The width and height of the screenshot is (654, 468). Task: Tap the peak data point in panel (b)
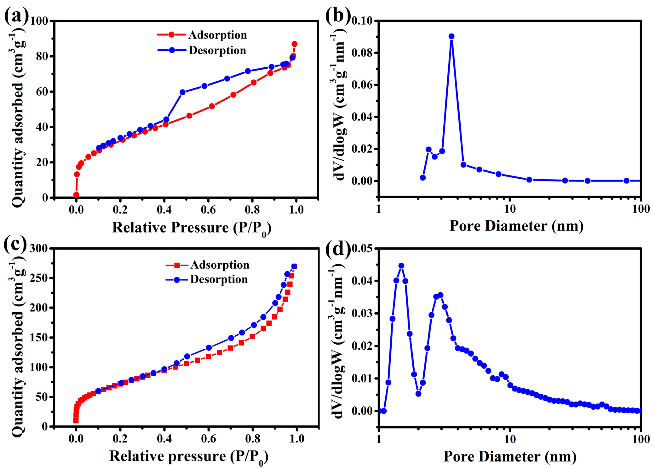(451, 36)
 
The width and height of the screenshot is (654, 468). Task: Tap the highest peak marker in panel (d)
(401, 266)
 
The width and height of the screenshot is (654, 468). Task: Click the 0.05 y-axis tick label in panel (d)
(362, 248)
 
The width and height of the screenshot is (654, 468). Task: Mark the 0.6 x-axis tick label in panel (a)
(208, 210)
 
